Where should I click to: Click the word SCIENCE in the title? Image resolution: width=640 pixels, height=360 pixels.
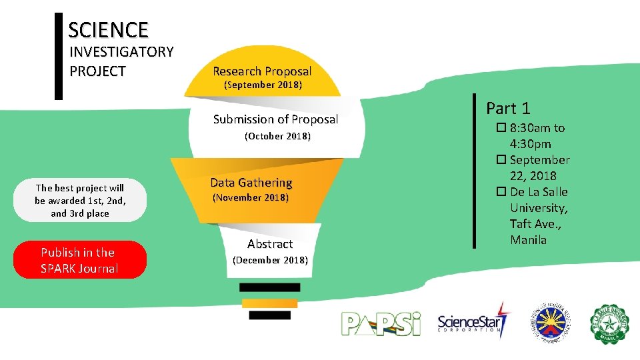(x=108, y=30)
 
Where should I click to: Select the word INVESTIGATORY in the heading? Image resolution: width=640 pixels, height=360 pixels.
(x=121, y=52)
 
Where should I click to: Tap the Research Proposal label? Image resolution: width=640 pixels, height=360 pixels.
(x=262, y=71)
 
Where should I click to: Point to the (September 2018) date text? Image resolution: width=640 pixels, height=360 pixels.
(x=263, y=85)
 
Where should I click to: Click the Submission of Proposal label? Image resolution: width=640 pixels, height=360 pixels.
(x=275, y=119)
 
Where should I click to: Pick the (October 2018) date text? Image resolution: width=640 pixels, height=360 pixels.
(x=277, y=137)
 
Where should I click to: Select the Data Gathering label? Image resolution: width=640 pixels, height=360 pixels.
(x=251, y=183)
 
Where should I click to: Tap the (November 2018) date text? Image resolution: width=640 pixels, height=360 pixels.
(x=250, y=198)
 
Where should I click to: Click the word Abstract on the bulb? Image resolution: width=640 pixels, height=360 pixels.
(x=270, y=244)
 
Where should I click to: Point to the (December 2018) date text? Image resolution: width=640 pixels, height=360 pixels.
(x=269, y=260)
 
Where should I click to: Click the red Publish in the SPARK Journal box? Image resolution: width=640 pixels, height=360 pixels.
(x=79, y=260)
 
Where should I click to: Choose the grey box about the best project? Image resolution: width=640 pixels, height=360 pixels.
(x=79, y=200)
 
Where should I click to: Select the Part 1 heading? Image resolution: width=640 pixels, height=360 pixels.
(x=508, y=108)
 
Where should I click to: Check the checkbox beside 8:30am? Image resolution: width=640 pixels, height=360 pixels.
(x=501, y=128)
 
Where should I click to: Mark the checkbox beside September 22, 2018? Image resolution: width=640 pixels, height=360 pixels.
(x=501, y=160)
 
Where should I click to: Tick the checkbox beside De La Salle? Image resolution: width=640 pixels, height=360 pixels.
(x=501, y=192)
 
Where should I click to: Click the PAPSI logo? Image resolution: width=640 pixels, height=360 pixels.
(x=381, y=323)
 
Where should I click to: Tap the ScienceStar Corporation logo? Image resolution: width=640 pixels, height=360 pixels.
(x=473, y=323)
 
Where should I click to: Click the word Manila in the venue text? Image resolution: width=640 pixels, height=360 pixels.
(x=528, y=240)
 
